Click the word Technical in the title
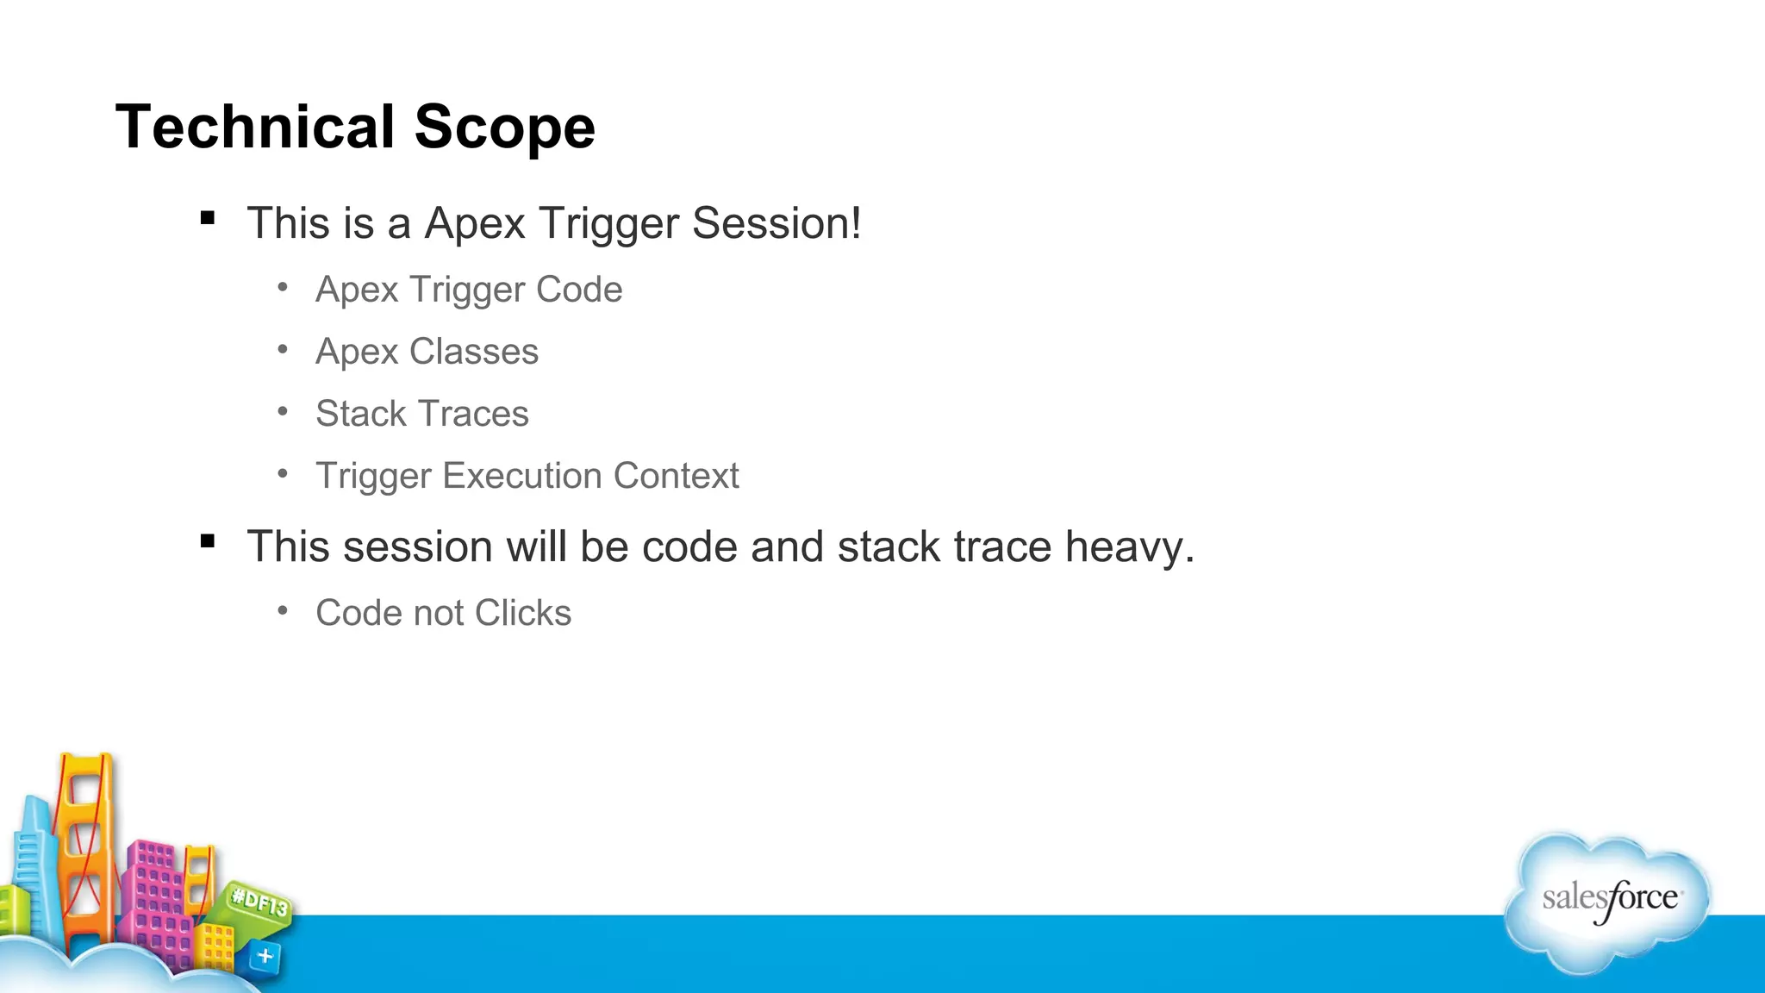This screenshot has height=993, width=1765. tap(255, 127)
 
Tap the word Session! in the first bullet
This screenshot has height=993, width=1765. tap(776, 223)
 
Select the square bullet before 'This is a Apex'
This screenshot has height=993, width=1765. tap(208, 218)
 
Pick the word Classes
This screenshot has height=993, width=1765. tap(473, 352)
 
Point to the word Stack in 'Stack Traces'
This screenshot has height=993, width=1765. tap(360, 414)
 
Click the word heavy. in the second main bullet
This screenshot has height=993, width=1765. tap(1130, 546)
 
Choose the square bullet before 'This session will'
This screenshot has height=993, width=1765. tap(208, 541)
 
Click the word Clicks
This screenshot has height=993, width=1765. tap(522, 613)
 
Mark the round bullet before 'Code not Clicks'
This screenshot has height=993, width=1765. tap(283, 610)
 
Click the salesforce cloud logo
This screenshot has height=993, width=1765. tap(1608, 901)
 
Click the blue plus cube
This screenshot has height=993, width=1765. tap(265, 956)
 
